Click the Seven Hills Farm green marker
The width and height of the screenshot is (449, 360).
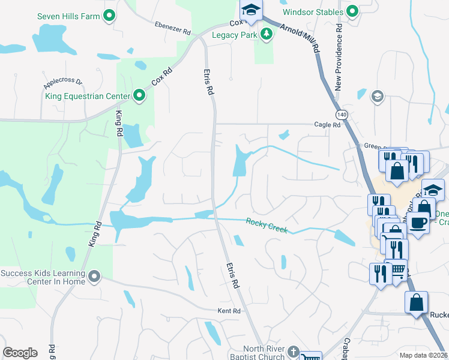click(109, 16)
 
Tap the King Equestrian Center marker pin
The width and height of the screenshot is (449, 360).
click(139, 95)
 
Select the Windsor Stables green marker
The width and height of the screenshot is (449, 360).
click(352, 11)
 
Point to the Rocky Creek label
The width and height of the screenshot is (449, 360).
click(267, 226)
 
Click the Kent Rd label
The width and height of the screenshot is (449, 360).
click(229, 311)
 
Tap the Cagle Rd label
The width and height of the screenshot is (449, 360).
click(327, 125)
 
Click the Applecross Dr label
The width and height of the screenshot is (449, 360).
click(62, 79)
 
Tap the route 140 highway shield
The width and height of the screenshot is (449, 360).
click(341, 113)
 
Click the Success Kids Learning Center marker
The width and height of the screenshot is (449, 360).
click(94, 276)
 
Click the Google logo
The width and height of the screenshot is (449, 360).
click(20, 352)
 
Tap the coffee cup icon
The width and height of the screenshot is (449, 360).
click(418, 221)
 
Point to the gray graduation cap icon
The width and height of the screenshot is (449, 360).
click(377, 96)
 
